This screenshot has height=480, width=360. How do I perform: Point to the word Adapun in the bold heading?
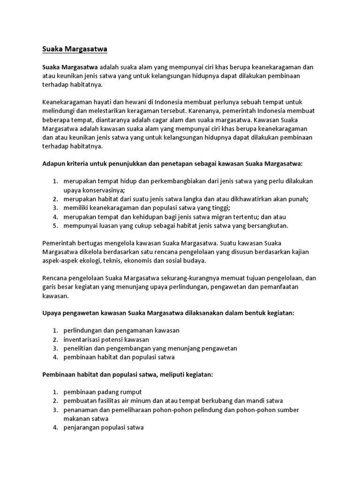click(x=54, y=164)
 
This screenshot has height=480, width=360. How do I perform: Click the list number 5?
click(x=54, y=226)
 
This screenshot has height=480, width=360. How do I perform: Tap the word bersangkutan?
click(x=267, y=226)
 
